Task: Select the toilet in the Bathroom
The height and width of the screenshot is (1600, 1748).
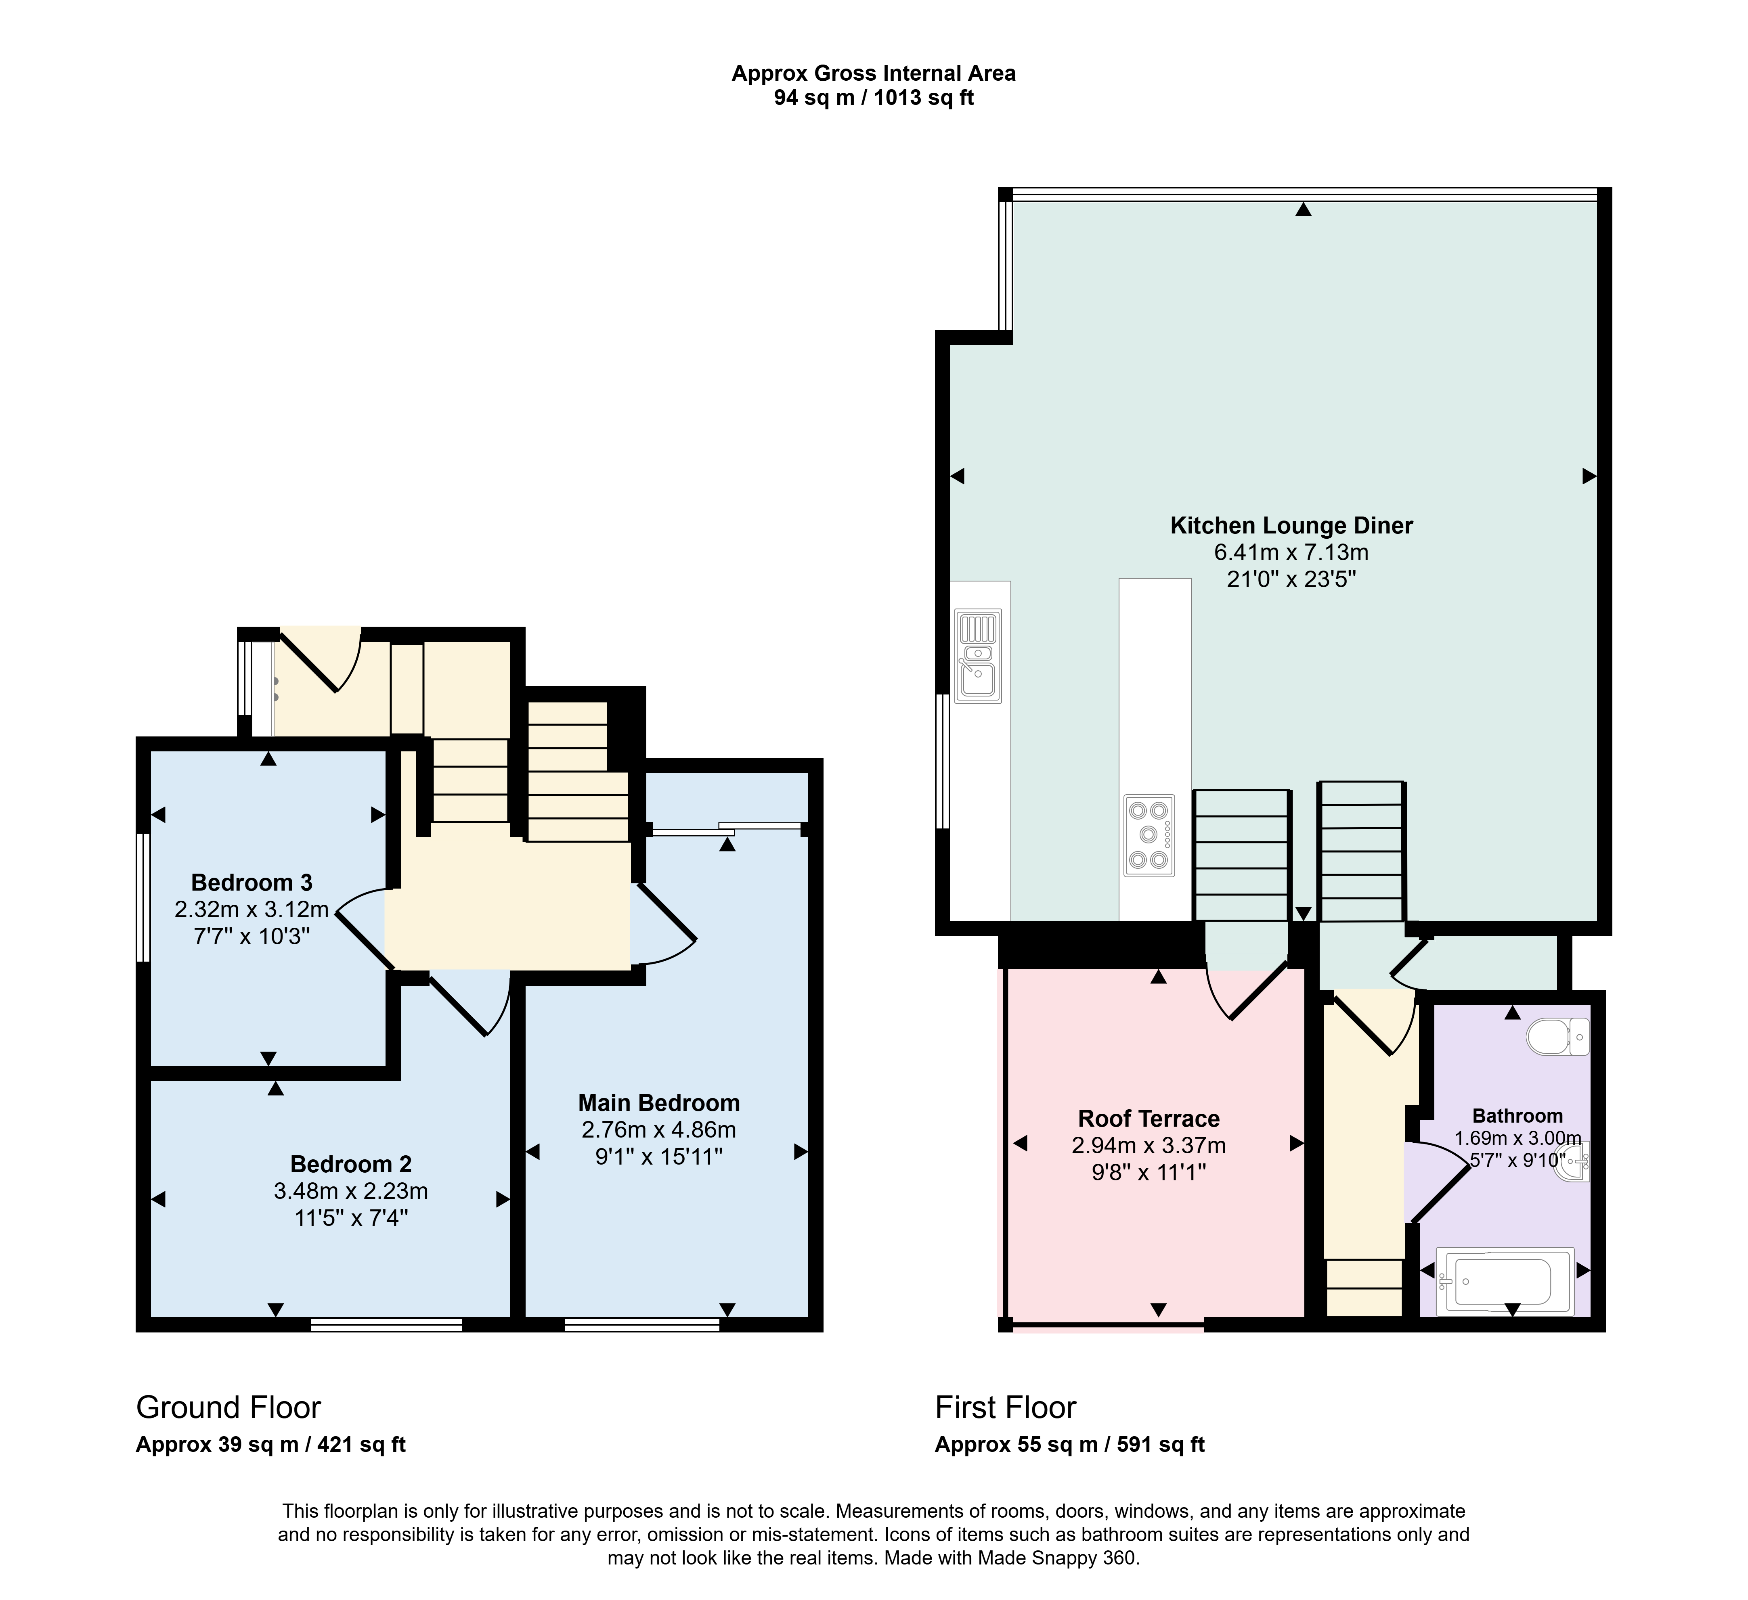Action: pos(1558,1037)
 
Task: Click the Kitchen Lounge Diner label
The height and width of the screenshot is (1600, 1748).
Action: pos(1291,525)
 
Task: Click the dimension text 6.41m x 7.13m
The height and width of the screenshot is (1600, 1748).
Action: pos(1291,552)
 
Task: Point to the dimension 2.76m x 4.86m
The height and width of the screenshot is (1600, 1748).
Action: pos(659,1129)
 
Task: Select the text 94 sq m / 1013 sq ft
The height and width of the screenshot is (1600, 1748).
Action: pos(874,98)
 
